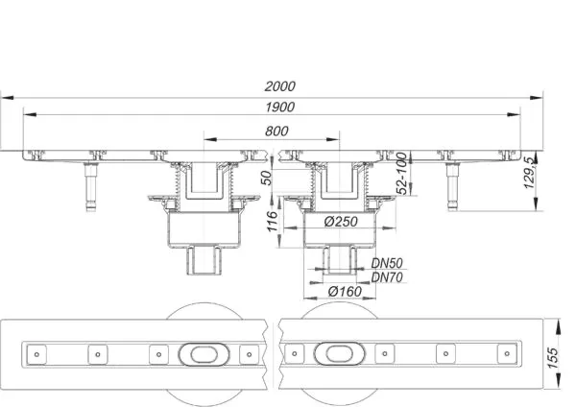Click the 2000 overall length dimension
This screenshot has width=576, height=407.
[x=280, y=86]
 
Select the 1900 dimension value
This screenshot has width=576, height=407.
[x=280, y=107]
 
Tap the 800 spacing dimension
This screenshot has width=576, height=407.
[x=276, y=131]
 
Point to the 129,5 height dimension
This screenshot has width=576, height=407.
[x=530, y=173]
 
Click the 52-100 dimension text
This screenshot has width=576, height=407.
[x=402, y=174]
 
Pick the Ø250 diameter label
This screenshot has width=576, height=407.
[x=341, y=221]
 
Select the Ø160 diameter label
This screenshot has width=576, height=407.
[x=345, y=291]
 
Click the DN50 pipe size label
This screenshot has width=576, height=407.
[x=387, y=263]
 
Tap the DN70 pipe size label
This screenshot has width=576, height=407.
[x=387, y=277]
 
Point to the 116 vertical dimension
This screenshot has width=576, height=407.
[x=273, y=221]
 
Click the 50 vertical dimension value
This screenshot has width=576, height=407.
[x=268, y=178]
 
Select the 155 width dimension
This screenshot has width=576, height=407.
[x=553, y=358]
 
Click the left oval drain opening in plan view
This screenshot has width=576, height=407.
[x=204, y=354]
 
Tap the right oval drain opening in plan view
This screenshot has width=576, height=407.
[x=340, y=354]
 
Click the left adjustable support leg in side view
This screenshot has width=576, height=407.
[x=91, y=187]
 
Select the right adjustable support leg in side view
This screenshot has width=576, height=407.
[x=452, y=186]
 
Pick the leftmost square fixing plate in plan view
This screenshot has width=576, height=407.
[x=36, y=354]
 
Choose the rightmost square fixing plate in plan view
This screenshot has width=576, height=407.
[x=507, y=354]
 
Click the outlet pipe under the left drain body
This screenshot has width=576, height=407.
[x=204, y=260]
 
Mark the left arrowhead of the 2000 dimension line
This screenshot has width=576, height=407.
[x=8, y=98]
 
